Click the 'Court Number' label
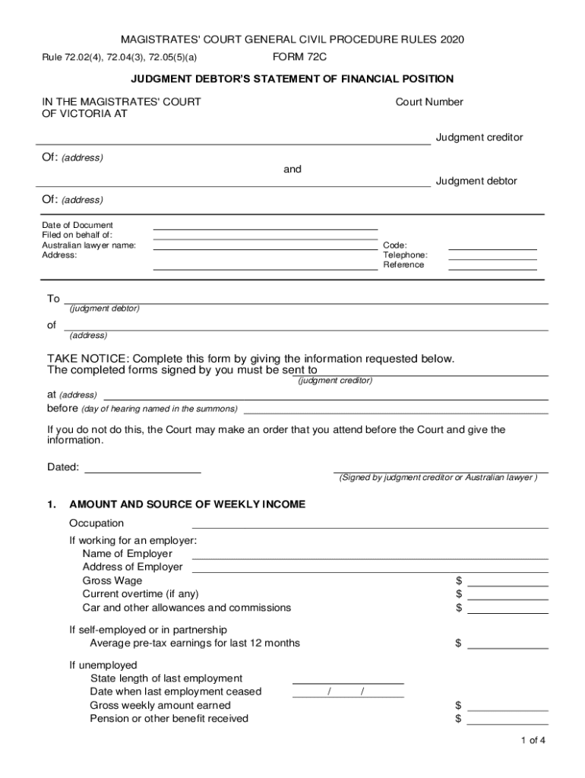[x=429, y=102]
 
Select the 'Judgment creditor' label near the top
[x=479, y=138]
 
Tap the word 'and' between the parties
[x=292, y=169]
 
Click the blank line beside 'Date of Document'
[x=265, y=224]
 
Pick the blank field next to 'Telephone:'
[x=492, y=255]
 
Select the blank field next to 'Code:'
[x=492, y=245]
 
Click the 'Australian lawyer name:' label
[x=89, y=245]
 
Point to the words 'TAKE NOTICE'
[x=88, y=359]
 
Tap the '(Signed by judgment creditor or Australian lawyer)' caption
[x=438, y=478]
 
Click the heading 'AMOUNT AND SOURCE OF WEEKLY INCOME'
[x=187, y=504]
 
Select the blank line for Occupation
[x=370, y=523]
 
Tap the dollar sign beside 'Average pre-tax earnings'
[x=458, y=644]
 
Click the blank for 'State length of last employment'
[x=348, y=678]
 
